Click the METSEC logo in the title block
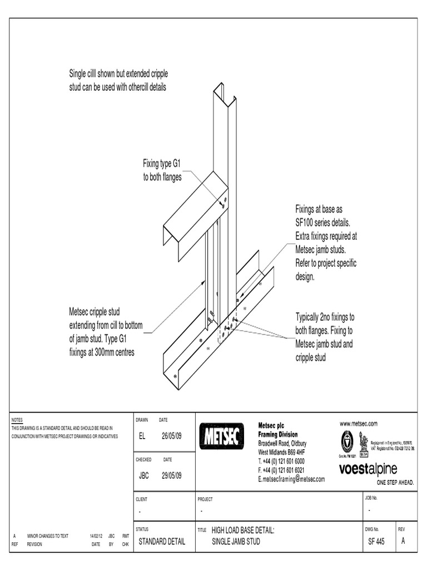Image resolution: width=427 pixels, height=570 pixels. tap(221, 436)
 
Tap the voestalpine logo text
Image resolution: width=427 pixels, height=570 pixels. tap(368, 469)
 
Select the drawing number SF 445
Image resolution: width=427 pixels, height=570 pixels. tap(376, 541)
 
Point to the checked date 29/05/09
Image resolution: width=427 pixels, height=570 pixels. tap(171, 475)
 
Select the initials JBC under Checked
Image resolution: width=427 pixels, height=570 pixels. tap(143, 475)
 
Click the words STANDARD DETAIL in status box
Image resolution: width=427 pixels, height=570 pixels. tap(161, 541)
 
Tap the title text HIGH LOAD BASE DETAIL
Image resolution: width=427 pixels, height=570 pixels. tap(243, 531)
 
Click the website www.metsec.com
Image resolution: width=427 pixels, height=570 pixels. tap(358, 424)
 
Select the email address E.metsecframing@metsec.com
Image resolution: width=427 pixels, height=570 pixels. tap(291, 479)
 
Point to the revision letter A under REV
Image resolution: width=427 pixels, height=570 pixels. tap(403, 541)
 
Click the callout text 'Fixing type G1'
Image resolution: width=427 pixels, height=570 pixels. tap(162, 163)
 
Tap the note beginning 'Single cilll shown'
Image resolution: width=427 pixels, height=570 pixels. tap(118, 74)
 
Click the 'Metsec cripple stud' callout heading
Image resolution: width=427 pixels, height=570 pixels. tap(94, 312)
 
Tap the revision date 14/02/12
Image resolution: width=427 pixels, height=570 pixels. tap(97, 535)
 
